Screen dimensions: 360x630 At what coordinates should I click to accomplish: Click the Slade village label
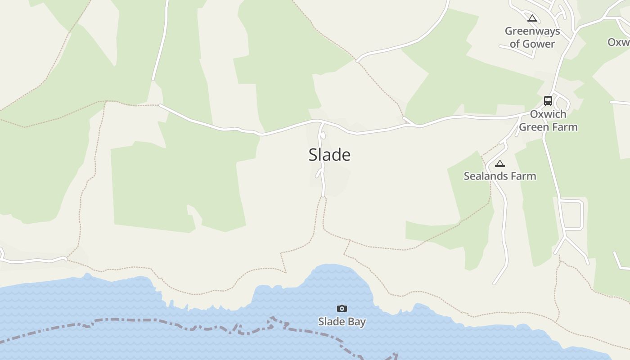[x=329, y=155]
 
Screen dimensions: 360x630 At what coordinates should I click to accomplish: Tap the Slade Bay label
[x=342, y=321]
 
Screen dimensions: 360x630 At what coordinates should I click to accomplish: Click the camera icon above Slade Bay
[x=342, y=308]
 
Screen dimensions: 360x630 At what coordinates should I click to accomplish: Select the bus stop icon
[x=548, y=100]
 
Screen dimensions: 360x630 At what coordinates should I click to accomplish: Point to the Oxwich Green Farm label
[x=548, y=121]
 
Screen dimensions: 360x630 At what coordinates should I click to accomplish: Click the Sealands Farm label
[x=499, y=176]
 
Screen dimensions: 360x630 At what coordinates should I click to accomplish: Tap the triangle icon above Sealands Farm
[x=499, y=163]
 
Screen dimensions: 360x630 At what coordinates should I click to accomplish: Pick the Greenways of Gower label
[x=532, y=37]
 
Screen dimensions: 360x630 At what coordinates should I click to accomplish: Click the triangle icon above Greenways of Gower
[x=532, y=18]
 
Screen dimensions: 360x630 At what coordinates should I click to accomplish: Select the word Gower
[x=538, y=44]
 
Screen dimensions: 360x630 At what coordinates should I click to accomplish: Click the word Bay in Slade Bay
[x=356, y=322]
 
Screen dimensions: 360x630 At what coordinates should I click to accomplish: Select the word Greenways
[x=532, y=31]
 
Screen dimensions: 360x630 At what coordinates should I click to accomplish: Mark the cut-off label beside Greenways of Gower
[x=619, y=42]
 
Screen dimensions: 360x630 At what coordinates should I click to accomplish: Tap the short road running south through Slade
[x=323, y=180]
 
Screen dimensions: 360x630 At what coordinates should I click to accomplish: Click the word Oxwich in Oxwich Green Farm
[x=548, y=114]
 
